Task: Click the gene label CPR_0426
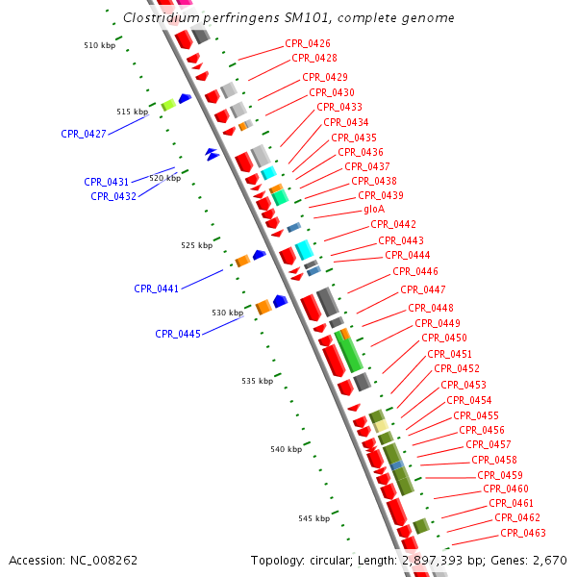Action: tap(308, 44)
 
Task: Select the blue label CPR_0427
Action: tap(84, 135)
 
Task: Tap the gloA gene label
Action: tap(374, 210)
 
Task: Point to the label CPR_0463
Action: tap(523, 534)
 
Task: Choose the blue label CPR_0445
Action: tap(178, 335)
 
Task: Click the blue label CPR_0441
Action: tap(157, 288)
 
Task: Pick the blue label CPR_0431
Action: tap(107, 182)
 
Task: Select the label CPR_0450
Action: tap(444, 339)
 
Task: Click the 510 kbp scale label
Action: tap(99, 45)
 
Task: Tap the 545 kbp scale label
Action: tap(314, 518)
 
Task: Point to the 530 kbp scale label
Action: tap(228, 313)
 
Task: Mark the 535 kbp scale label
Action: tap(258, 381)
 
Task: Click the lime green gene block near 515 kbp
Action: tap(168, 105)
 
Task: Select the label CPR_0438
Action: tap(374, 181)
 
